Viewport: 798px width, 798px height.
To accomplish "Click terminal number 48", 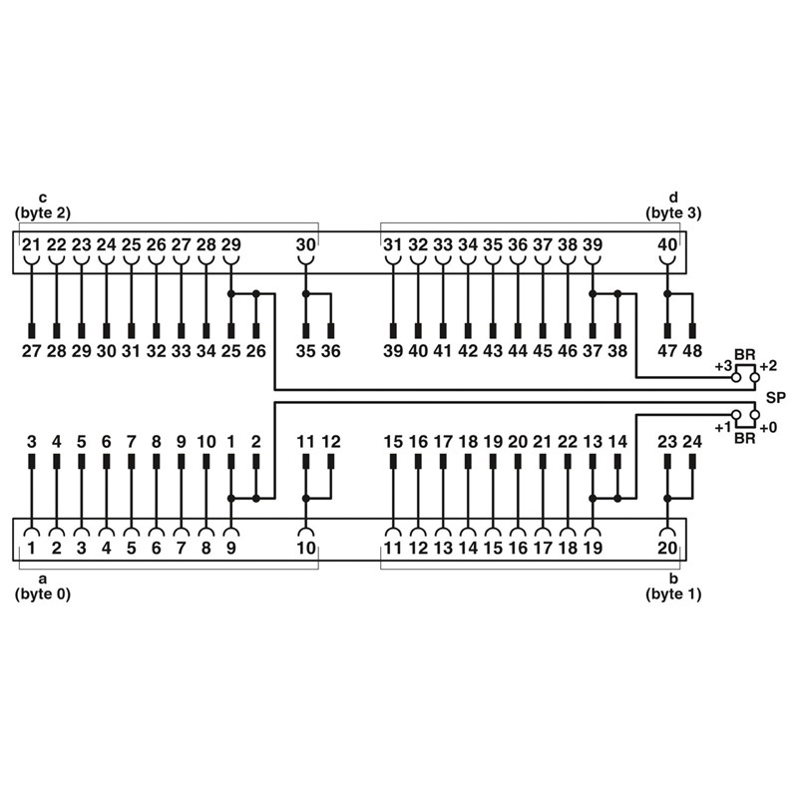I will pos(692,350).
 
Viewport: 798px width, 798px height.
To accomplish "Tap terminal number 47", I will pos(667,350).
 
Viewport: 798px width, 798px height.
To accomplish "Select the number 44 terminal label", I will pos(517,350).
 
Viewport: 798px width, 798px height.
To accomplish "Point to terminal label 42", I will pos(467,350).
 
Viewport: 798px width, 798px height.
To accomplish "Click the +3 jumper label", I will pos(724,367).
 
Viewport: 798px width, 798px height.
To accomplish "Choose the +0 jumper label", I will pos(769,427).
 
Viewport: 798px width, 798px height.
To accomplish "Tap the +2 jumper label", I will pos(768,367).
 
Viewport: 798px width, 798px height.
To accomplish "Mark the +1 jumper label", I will pos(723,427).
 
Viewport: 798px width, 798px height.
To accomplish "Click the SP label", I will pos(775,397).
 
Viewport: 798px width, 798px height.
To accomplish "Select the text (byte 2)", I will pos(43,212).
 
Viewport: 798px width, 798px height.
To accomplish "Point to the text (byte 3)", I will pos(673,212).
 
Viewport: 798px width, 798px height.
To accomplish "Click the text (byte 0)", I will pos(43,594).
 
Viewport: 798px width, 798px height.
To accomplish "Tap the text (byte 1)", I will pos(673,594).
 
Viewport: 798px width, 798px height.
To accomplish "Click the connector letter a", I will pos(42,579).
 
